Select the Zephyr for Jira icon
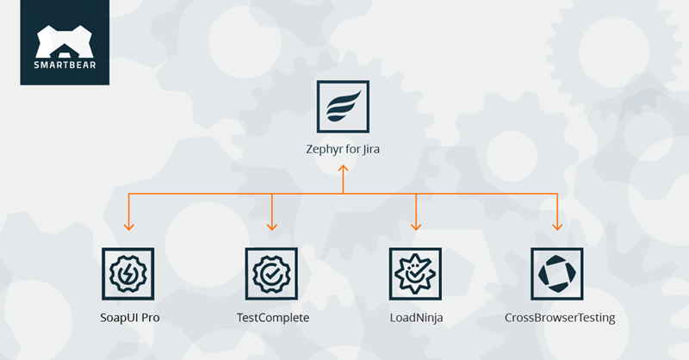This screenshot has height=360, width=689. point(343,107)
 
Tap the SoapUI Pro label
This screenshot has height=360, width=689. point(129,318)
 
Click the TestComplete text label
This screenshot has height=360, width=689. point(272,318)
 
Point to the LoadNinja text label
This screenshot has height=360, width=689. point(415,318)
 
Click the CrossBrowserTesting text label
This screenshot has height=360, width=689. point(559,318)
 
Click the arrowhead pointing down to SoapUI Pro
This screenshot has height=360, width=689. point(128,227)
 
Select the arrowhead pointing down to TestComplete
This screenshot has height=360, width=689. point(271,227)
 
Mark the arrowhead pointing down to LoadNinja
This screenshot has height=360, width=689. point(415,227)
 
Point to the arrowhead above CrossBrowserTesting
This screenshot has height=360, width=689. point(557,227)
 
